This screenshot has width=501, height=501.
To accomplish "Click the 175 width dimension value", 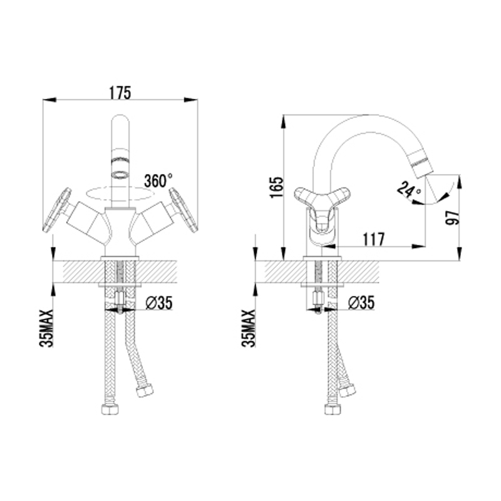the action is (120, 93).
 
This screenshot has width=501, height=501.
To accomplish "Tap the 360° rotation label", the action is (158, 180).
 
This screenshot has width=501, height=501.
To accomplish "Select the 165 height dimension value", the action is (277, 187).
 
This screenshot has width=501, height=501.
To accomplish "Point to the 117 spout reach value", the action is (373, 239).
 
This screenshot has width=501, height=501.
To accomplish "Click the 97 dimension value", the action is (452, 217).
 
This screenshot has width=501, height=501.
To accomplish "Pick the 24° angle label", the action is (410, 190).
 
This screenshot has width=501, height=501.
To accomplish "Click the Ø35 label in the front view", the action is (159, 303).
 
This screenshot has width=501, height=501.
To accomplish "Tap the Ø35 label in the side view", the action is (361, 302).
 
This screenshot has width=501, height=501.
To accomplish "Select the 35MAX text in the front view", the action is (46, 328).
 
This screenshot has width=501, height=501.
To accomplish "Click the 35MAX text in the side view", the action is (249, 328).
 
